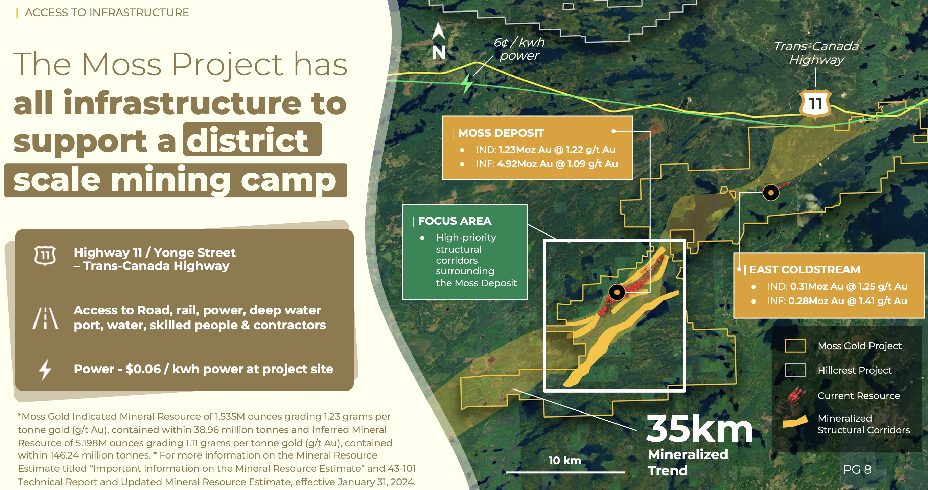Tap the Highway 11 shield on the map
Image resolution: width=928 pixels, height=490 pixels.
coord(815,104)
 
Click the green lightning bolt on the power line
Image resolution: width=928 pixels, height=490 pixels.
coord(467,84)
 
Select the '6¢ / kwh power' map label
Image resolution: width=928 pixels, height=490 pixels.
coord(519,49)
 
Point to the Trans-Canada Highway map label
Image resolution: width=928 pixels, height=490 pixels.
coord(816,53)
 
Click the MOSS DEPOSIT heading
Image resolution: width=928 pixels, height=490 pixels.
coord(501,133)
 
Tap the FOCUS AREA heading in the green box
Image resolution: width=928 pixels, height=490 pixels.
coord(455,221)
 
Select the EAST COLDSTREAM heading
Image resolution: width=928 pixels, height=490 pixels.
coord(805,269)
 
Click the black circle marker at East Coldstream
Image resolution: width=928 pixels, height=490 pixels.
coord(771,193)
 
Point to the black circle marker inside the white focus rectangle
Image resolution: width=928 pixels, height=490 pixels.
coord(617,292)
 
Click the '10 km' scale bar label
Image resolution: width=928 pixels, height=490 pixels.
coord(565,461)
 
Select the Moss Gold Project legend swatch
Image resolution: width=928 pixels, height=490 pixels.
coord(795,346)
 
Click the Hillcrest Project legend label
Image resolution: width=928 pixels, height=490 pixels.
coord(855,370)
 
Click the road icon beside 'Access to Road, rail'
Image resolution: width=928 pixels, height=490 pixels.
coord(45,318)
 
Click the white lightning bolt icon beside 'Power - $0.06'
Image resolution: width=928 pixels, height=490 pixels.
coord(45,370)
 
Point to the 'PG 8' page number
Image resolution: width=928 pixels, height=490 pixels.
coord(857,469)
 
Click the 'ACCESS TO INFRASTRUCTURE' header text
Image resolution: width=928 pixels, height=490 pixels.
coord(107,13)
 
